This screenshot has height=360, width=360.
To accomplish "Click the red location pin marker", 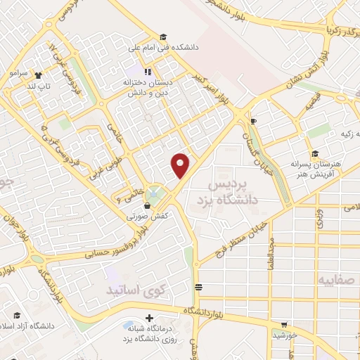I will pyautogui.click(x=181, y=166).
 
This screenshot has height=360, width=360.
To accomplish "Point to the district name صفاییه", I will pyautogui.click(x=337, y=280).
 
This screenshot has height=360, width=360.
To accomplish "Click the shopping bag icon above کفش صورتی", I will pyautogui.click(x=147, y=206).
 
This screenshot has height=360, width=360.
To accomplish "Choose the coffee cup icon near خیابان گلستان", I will pyautogui.click(x=253, y=122).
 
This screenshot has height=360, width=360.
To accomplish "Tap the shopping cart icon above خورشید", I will pyautogui.click(x=283, y=325).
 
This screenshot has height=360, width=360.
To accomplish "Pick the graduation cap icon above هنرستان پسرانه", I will pyautogui.click(x=315, y=154).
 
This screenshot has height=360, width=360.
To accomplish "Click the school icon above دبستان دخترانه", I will pyautogui.click(x=147, y=71).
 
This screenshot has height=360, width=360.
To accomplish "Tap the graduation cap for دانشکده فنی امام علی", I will pyautogui.click(x=162, y=37).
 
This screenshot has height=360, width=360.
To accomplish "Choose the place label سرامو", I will pyautogui.click(x=18, y=72).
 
